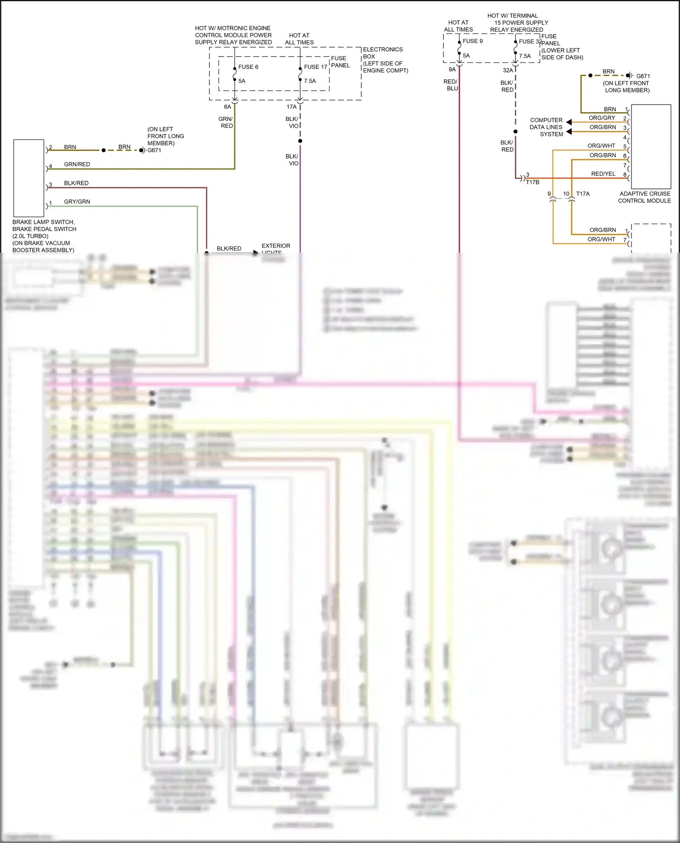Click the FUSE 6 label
(x=248, y=67)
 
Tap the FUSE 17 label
(x=316, y=67)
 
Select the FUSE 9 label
(x=472, y=41)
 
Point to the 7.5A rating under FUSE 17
(x=310, y=81)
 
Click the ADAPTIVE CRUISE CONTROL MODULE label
(x=644, y=197)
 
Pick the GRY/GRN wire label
(x=77, y=202)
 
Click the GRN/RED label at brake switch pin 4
(x=77, y=164)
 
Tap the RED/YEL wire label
(x=603, y=174)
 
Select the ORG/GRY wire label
(x=602, y=118)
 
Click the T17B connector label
(x=532, y=182)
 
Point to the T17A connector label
(x=583, y=194)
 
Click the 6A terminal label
(x=228, y=107)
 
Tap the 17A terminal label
(x=291, y=107)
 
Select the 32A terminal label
(x=508, y=70)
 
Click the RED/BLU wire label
(x=451, y=85)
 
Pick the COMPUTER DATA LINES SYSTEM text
(x=546, y=127)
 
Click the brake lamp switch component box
(x=29, y=178)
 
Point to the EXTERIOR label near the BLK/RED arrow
(x=276, y=246)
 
